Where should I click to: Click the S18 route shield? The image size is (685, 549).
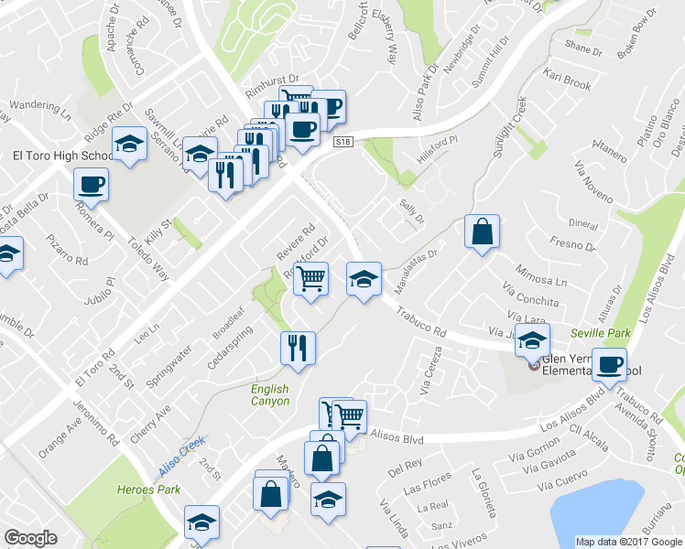click(x=342, y=142)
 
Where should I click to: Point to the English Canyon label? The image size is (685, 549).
click(x=270, y=395)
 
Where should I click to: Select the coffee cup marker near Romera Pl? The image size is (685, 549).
click(x=92, y=184)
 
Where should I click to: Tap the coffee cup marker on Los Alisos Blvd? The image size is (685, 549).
click(x=609, y=364)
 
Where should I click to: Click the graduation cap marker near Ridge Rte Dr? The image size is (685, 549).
click(x=129, y=143)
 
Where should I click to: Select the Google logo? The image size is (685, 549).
click(x=30, y=538)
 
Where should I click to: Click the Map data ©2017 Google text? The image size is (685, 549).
click(x=629, y=542)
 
